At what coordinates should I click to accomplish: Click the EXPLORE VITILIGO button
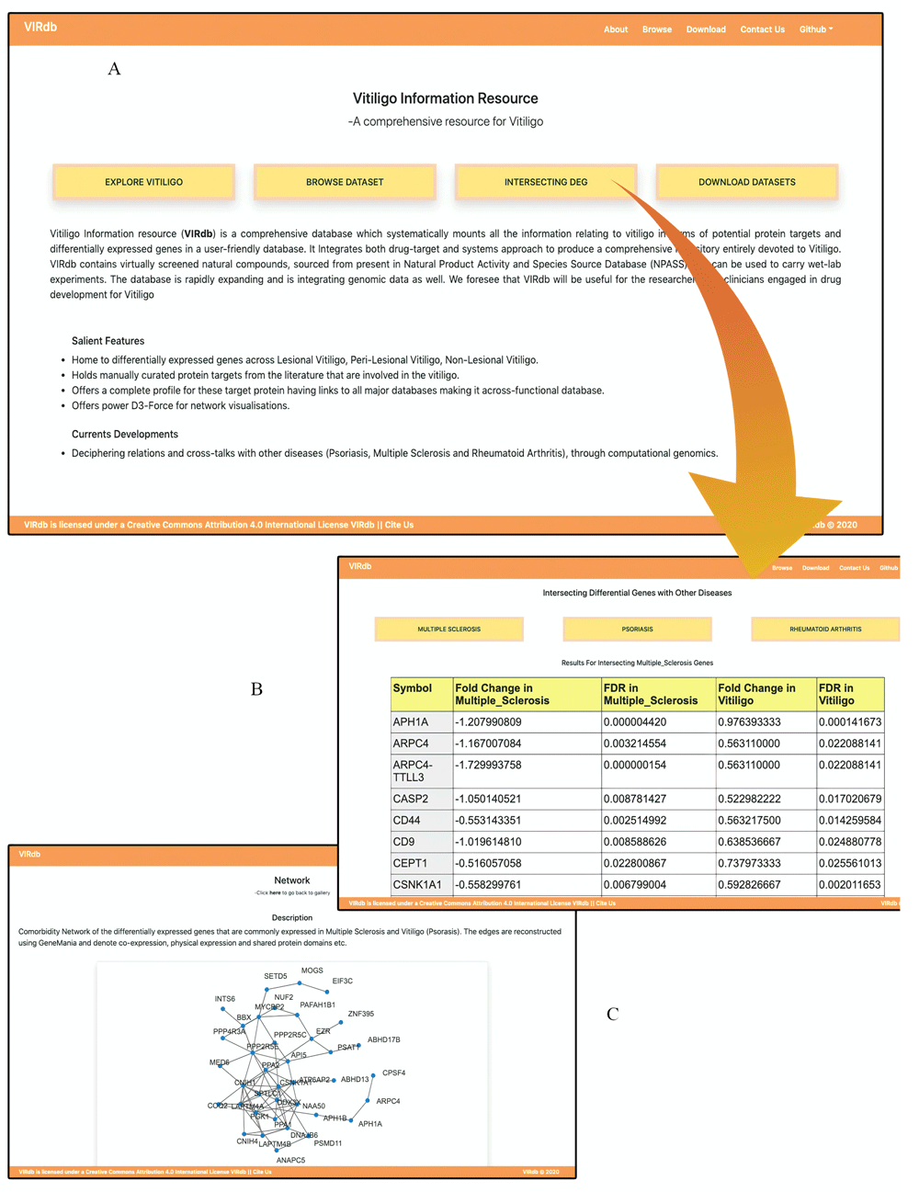143,182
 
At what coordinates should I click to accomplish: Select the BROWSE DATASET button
345,182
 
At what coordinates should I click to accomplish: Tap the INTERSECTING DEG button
545,182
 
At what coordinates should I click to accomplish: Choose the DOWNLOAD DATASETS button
746,182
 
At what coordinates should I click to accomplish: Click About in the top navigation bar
616,29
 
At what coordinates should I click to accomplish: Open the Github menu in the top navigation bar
815,29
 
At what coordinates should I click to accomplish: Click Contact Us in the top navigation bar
763,29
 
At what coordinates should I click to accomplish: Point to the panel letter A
114,69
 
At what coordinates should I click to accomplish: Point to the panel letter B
256,689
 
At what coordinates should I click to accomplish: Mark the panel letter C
612,1014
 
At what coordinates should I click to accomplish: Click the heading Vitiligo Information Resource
446,98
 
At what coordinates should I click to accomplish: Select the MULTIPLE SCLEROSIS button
448,630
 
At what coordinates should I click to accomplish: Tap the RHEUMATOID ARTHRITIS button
824,630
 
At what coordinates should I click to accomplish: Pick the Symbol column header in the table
412,688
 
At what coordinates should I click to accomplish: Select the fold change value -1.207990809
488,722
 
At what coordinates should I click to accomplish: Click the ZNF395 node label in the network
360,1014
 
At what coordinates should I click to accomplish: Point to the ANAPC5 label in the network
290,1160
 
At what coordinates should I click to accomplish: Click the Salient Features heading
108,341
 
